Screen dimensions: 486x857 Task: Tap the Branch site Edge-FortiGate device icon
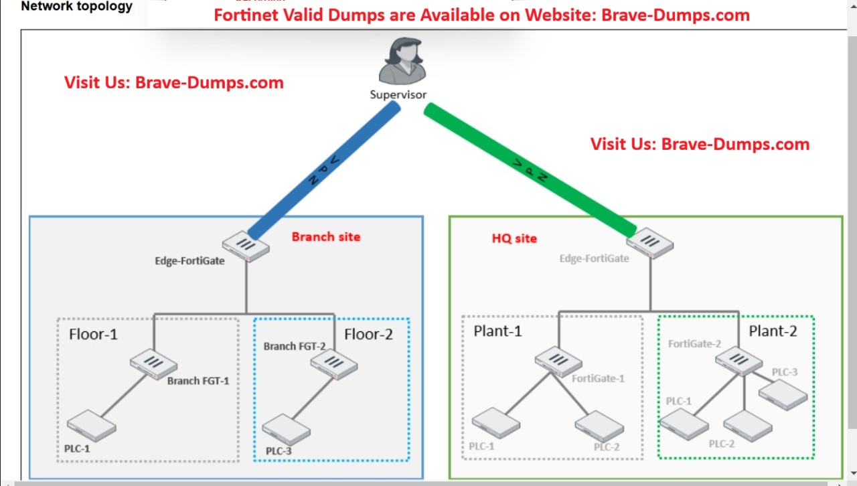tap(246, 246)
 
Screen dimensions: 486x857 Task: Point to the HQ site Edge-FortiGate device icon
tap(651, 244)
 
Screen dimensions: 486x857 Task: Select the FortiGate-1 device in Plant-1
tap(558, 362)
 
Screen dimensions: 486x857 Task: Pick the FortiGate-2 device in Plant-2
tap(738, 361)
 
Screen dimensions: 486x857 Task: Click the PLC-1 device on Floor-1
tap(91, 425)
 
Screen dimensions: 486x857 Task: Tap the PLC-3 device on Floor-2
tap(287, 429)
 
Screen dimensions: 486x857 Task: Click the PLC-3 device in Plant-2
tap(783, 395)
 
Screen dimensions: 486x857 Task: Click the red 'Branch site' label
tap(325, 236)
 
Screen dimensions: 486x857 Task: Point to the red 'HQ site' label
tap(514, 238)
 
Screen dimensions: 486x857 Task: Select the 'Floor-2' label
tap(368, 334)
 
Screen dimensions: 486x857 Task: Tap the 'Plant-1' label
tap(497, 331)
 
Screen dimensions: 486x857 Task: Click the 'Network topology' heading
tap(77, 7)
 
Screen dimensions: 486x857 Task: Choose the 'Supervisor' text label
tap(398, 95)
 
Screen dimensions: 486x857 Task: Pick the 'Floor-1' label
tap(93, 334)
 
